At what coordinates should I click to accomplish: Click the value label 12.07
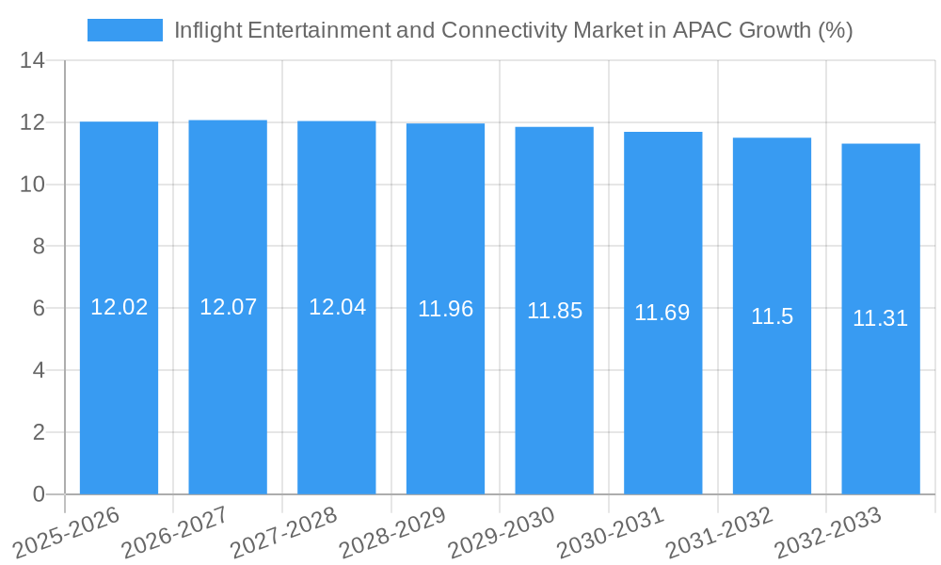click(228, 307)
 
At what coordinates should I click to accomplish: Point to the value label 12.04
click(337, 307)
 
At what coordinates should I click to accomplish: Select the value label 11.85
click(554, 311)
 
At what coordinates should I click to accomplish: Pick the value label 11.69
click(662, 313)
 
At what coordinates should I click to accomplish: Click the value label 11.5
click(772, 316)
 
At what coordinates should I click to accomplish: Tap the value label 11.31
click(880, 318)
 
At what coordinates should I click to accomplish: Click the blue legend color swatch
click(124, 30)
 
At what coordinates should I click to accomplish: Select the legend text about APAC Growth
click(513, 30)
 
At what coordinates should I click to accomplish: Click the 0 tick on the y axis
click(39, 494)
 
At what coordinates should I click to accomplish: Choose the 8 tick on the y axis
click(39, 247)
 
